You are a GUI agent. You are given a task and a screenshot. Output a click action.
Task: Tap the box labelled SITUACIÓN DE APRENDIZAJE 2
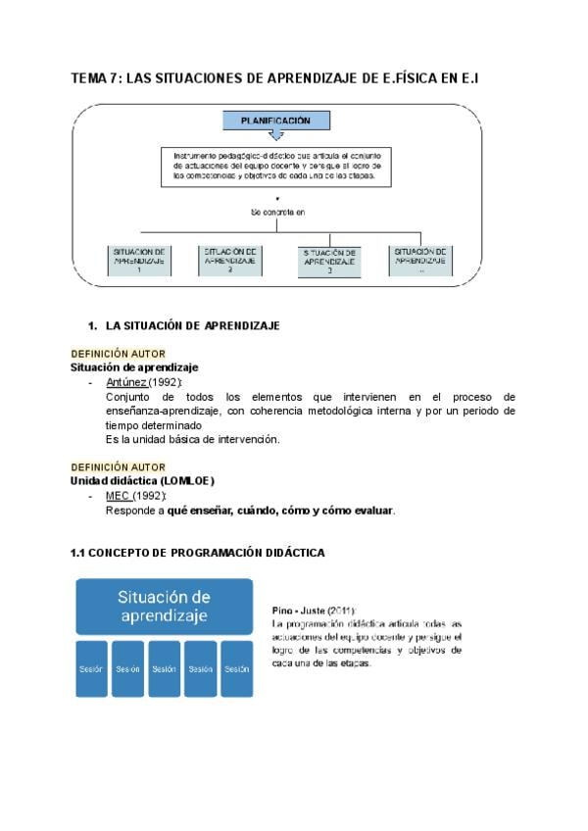231,260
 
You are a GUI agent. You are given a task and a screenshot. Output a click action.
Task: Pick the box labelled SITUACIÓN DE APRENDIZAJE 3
329,262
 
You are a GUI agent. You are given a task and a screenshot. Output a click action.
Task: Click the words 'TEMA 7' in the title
96,79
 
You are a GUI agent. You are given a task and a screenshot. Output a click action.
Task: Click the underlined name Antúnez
125,382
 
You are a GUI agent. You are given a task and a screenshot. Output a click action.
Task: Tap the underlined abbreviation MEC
118,496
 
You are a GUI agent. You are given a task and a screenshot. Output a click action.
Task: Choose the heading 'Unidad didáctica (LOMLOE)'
142,481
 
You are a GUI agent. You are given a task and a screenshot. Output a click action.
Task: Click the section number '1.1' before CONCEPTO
78,553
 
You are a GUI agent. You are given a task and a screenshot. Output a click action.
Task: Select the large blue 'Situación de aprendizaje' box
165,607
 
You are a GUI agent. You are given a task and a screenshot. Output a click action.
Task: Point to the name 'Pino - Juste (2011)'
315,610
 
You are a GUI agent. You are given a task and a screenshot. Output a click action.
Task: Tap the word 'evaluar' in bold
369,511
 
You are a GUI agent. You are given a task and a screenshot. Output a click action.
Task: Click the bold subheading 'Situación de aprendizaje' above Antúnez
134,367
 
